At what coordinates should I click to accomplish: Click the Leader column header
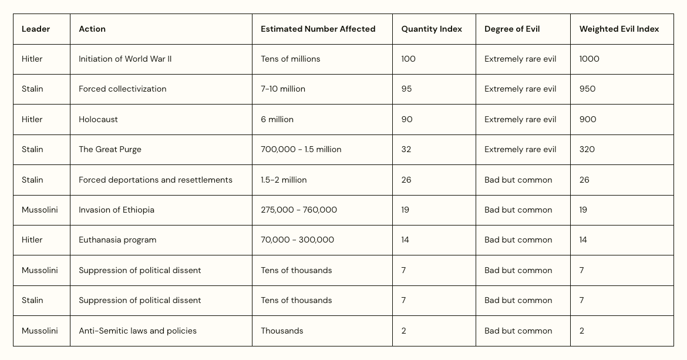tap(36, 29)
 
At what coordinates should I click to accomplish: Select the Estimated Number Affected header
tap(318, 29)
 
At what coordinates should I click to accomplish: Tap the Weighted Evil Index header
tap(619, 29)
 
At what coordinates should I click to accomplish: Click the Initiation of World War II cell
tap(125, 59)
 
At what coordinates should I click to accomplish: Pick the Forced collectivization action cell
tap(122, 89)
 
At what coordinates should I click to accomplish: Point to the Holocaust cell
tap(98, 119)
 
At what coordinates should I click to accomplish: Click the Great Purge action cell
tap(110, 149)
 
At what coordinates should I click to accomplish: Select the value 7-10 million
tap(283, 89)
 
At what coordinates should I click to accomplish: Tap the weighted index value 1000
tap(589, 59)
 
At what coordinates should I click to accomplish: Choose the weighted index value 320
tap(587, 149)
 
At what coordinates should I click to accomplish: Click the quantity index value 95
tap(406, 89)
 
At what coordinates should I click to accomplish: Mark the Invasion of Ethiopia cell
tap(116, 210)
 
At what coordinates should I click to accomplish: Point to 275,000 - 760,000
tap(299, 210)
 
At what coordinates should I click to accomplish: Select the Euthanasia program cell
tap(117, 240)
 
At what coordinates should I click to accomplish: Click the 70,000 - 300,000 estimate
tap(297, 240)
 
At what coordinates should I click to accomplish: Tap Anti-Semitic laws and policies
tap(137, 331)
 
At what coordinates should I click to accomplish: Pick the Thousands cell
tap(282, 331)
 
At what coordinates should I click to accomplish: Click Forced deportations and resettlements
tap(156, 180)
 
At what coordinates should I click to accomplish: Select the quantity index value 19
tap(405, 210)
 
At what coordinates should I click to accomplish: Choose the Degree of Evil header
tap(512, 29)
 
